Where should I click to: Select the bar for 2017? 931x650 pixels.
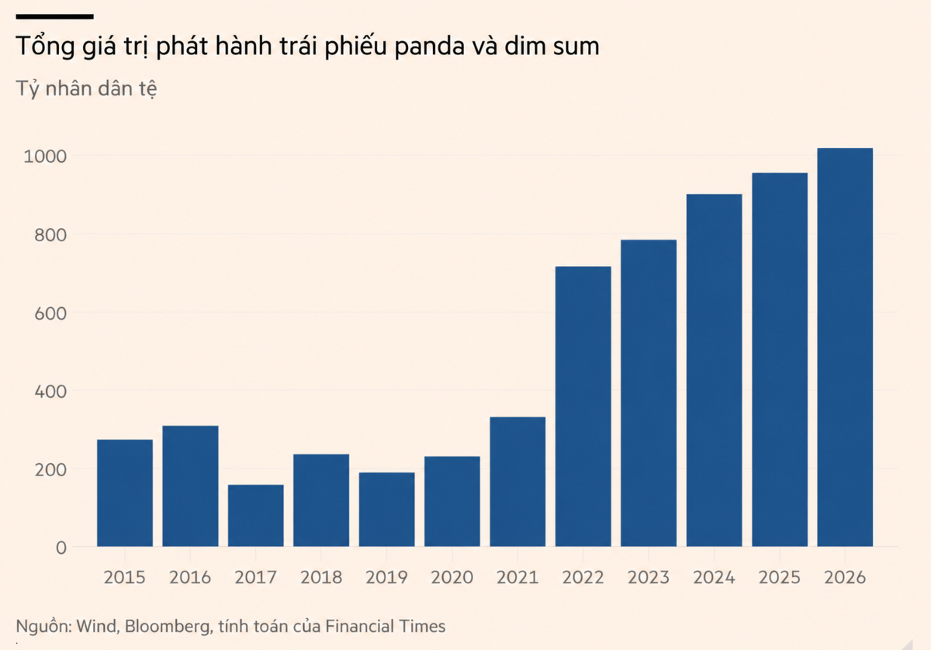coord(255,515)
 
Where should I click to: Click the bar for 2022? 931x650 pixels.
coord(583,406)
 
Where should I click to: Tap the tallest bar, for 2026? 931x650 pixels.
coord(845,347)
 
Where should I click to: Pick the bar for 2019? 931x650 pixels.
coord(386,510)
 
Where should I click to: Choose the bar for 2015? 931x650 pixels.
coord(125,493)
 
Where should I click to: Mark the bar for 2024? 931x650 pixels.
coord(714,370)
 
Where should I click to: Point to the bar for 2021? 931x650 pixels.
coord(517,482)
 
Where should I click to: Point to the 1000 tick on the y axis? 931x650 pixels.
coord(45,157)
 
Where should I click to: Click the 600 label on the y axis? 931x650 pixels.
coord(50,313)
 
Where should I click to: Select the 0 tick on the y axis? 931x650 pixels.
coord(61,548)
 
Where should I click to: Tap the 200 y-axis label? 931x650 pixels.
coord(50,470)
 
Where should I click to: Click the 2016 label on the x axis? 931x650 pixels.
coord(190,577)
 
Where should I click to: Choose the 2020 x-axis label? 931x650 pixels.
coord(452,577)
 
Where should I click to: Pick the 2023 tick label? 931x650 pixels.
coord(649,577)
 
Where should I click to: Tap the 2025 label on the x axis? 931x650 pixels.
coord(779,577)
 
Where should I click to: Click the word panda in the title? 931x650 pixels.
coord(429,47)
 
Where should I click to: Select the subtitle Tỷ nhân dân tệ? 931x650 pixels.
coord(86,89)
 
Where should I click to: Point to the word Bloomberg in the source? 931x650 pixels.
coord(169,626)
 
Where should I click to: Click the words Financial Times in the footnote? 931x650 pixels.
coord(386,626)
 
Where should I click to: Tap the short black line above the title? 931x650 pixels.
coord(54,16)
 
